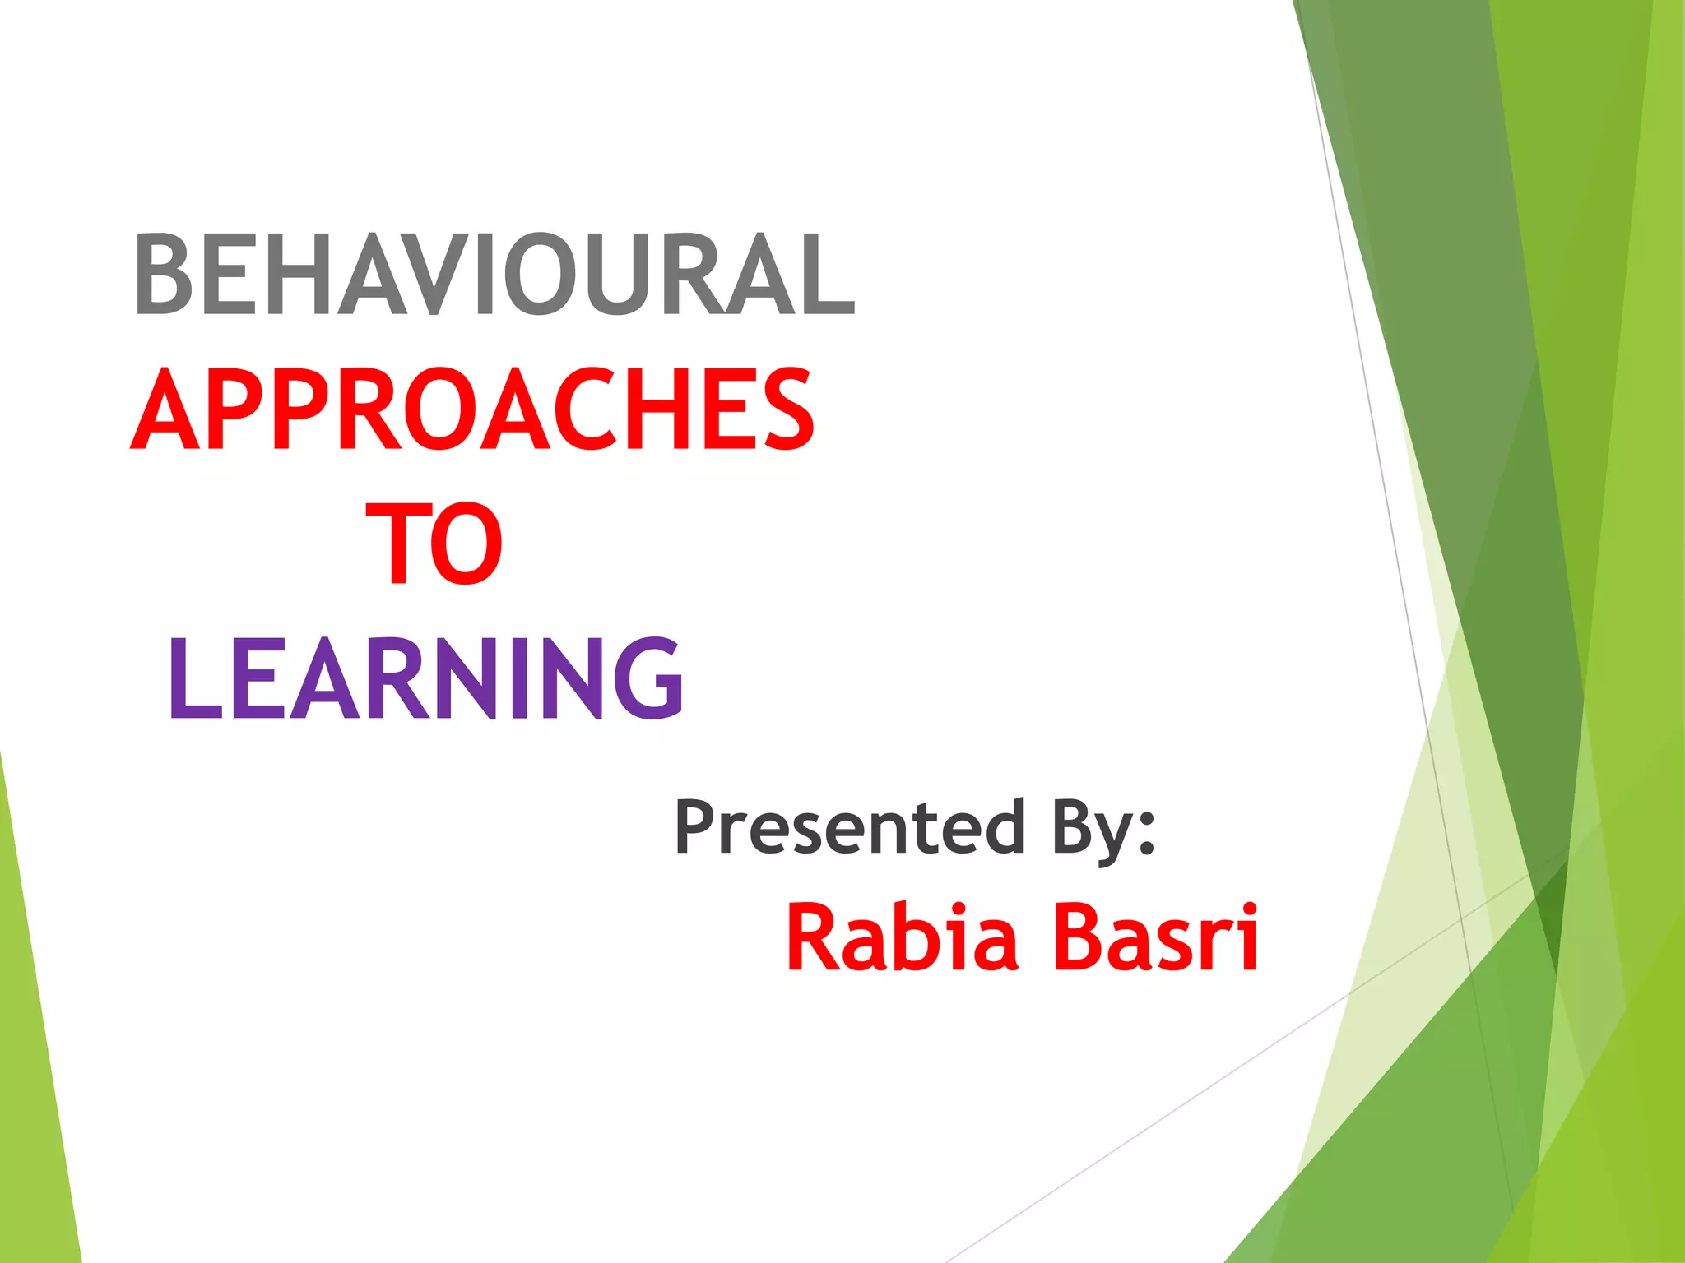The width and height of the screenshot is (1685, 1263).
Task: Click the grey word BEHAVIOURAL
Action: tap(494, 274)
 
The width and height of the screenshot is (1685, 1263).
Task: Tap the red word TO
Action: tap(434, 544)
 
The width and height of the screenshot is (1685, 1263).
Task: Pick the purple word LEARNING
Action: tap(426, 678)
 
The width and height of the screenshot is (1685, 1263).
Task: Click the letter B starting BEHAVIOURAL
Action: tap(163, 274)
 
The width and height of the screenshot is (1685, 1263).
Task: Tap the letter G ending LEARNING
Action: tap(649, 679)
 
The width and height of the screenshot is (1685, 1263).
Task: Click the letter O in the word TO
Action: tap(466, 544)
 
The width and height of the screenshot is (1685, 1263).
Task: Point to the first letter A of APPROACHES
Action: tap(165, 409)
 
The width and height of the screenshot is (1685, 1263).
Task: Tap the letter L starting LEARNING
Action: tap(194, 679)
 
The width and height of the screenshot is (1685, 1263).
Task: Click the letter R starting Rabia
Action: tap(810, 938)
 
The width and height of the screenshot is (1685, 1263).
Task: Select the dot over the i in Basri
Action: tap(1250, 908)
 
